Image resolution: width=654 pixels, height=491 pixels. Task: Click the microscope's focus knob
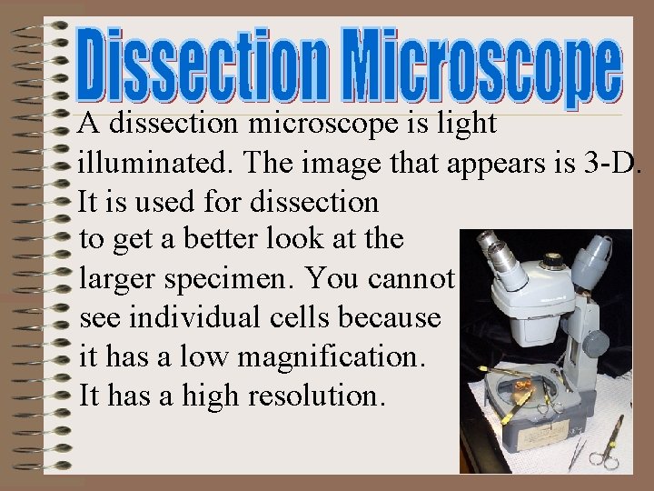(594, 344)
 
